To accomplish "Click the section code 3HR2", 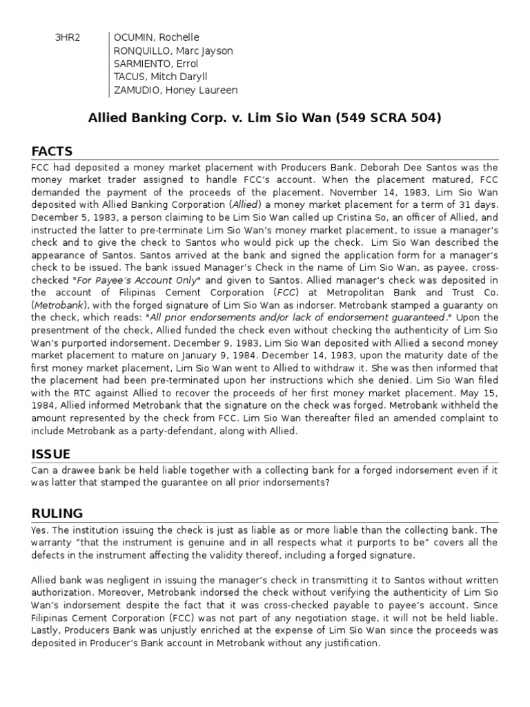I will [68, 37].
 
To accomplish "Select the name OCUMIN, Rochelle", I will [156, 37].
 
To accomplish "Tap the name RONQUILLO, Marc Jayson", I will [173, 50].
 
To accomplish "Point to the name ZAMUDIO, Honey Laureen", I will [175, 90].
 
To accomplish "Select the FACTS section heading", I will [52, 151].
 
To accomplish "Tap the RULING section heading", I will [57, 513].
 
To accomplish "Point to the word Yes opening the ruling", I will [40, 530].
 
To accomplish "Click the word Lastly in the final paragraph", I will [46, 631].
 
